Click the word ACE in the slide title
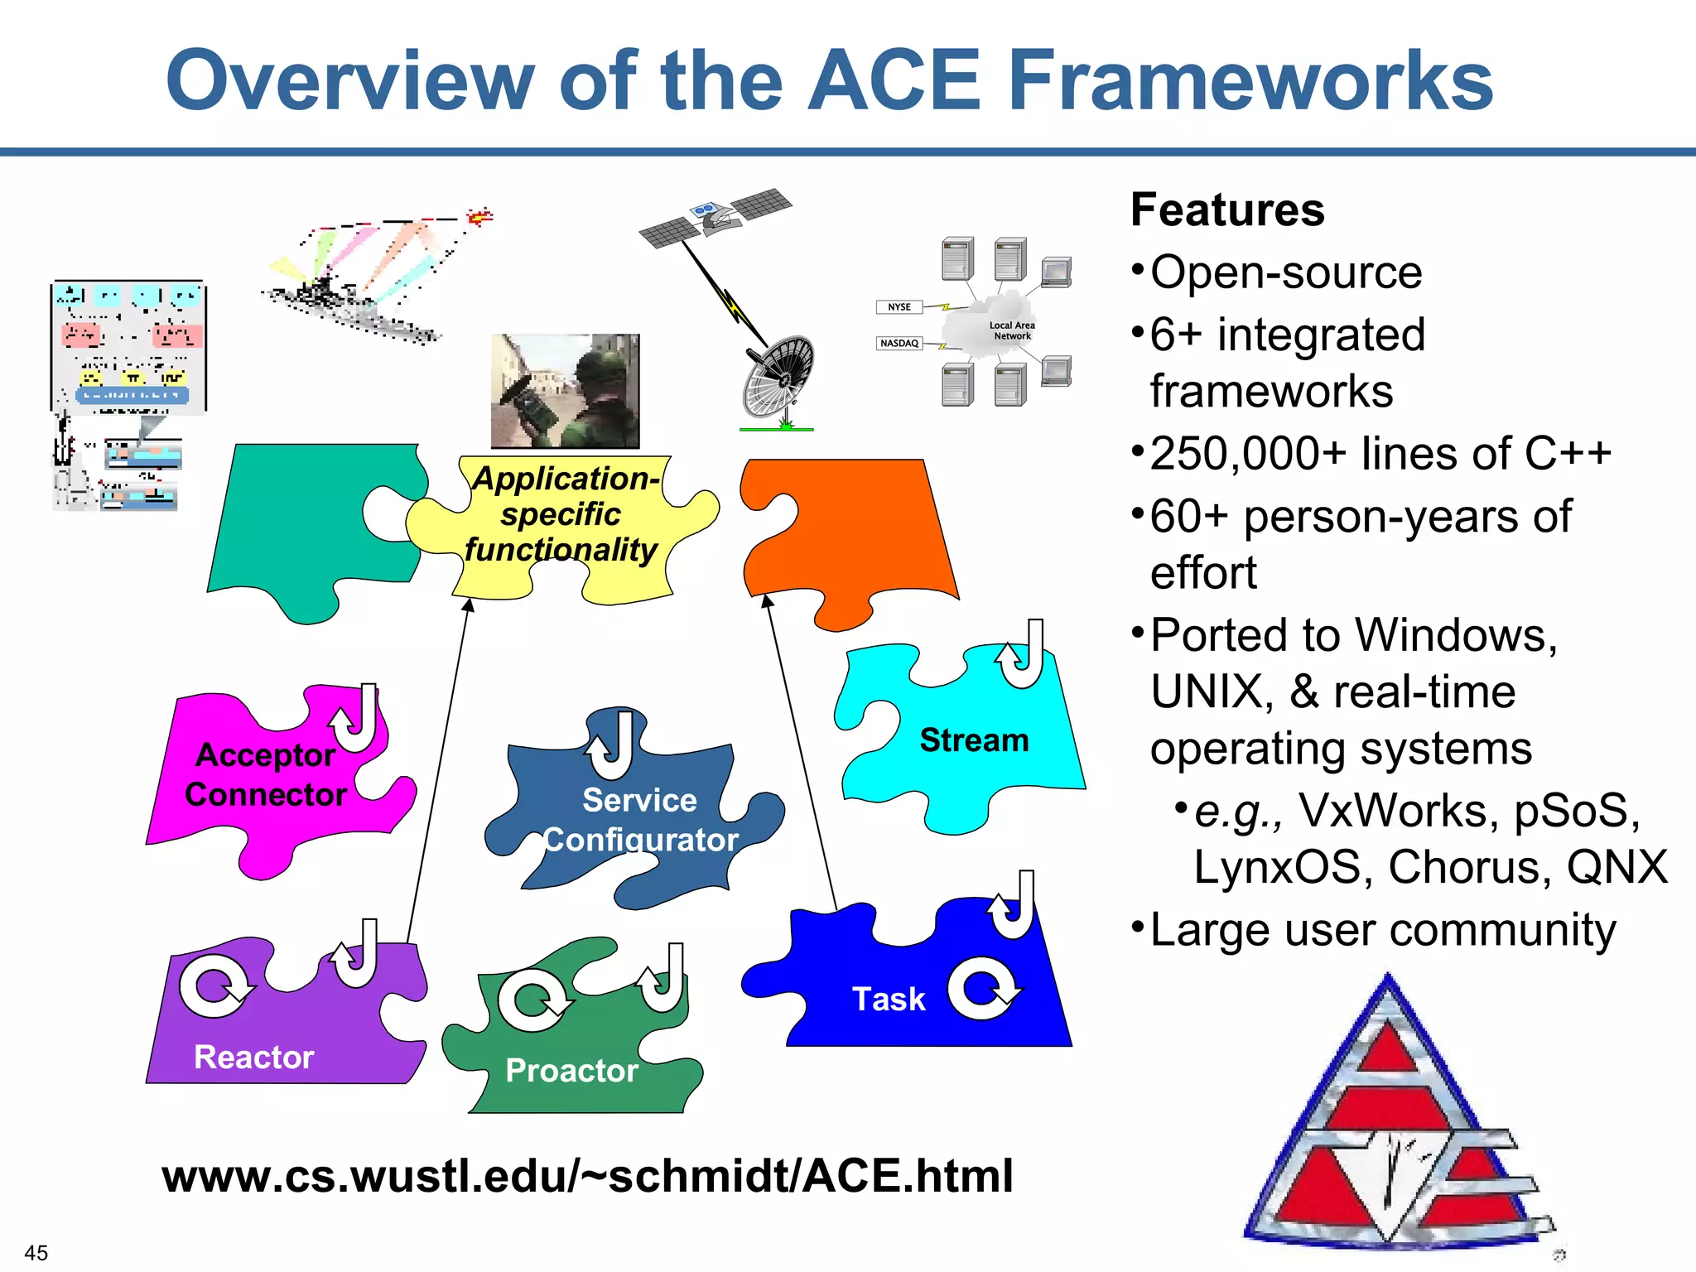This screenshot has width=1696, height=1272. tap(894, 80)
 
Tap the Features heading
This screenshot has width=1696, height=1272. tap(1227, 210)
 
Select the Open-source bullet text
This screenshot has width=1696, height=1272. tap(1286, 272)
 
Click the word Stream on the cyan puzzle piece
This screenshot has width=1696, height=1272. tap(974, 740)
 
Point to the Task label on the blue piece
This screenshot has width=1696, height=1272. tap(889, 999)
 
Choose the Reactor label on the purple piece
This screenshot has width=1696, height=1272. tap(254, 1057)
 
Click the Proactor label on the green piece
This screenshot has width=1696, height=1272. tap(571, 1071)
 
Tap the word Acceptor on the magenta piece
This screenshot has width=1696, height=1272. tap(266, 754)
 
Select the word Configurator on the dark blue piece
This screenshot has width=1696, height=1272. tap(640, 840)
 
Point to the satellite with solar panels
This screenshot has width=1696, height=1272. tap(714, 214)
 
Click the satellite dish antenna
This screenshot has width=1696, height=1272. tap(778, 377)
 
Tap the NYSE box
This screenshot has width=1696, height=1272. tap(899, 307)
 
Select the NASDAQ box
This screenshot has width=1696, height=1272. tap(899, 343)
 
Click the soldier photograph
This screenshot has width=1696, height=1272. tap(566, 391)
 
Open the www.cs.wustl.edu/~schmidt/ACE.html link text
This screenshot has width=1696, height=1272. tap(588, 1176)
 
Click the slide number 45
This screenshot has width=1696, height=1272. tap(36, 1252)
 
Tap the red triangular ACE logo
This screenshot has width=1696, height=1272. tap(1391, 1126)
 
